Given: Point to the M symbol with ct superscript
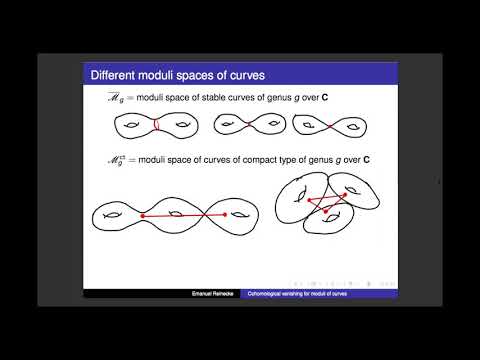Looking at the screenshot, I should (98, 158).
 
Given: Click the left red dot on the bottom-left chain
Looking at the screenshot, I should (143, 215).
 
